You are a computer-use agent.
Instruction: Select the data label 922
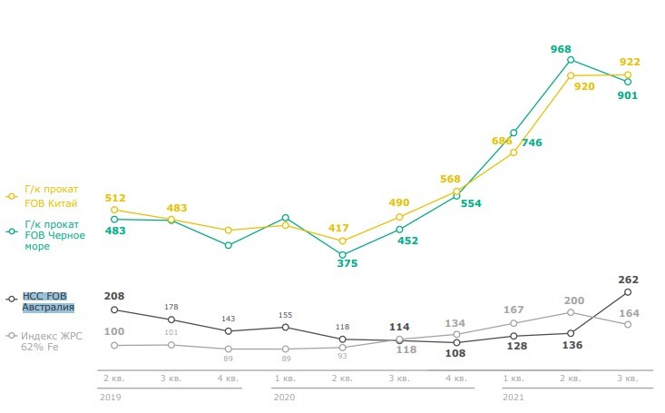[x=630, y=63]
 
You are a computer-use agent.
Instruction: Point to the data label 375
[x=347, y=263]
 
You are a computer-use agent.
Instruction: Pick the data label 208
[x=114, y=296]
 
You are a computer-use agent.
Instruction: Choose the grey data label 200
[x=573, y=300]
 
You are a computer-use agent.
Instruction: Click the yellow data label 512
[x=114, y=198]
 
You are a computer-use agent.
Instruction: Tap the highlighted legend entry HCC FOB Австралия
[x=48, y=301]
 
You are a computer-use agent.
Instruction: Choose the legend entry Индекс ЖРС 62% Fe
[x=51, y=341]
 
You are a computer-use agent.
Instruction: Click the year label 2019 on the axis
[x=111, y=397]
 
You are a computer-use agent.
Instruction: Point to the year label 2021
[x=513, y=397]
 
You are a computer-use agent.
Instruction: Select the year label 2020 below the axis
[x=284, y=397]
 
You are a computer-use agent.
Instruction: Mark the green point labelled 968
[x=571, y=60]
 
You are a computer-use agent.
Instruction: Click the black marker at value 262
[x=628, y=292]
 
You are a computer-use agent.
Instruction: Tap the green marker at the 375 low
[x=342, y=255]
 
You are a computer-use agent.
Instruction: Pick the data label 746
[x=532, y=143]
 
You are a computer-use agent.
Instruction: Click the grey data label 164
[x=630, y=313]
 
